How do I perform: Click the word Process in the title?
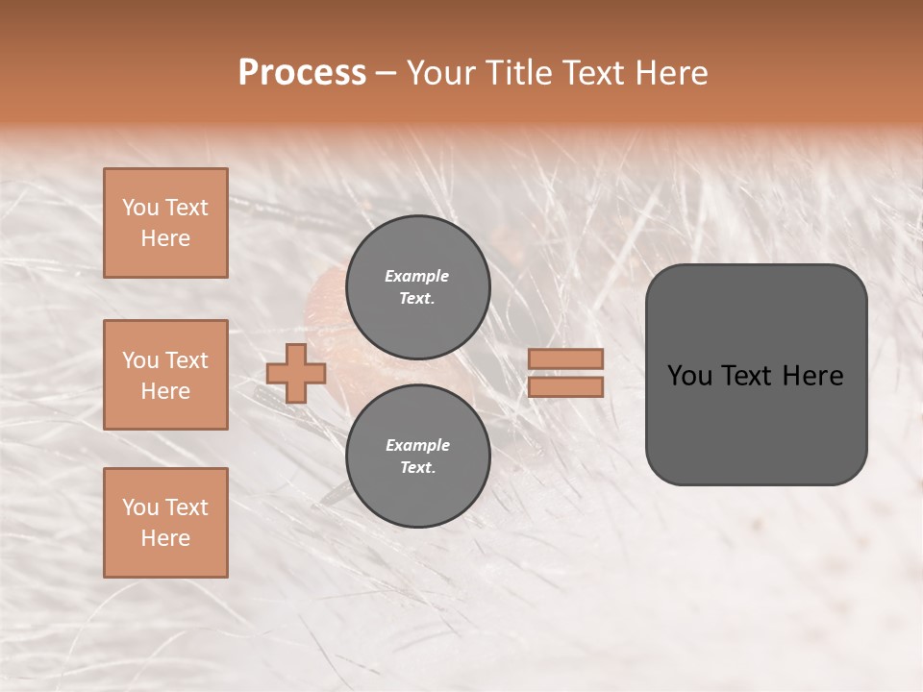tap(302, 73)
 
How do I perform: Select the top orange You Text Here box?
tap(165, 223)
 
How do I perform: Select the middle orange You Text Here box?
tap(165, 375)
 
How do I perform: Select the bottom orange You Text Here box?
tap(165, 523)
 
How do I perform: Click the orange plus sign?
tap(296, 373)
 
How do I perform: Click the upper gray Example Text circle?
tap(417, 287)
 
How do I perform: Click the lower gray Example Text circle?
tap(417, 456)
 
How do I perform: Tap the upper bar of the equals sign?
tap(566, 358)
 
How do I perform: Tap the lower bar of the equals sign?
tap(566, 386)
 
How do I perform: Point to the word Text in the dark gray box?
tap(751, 376)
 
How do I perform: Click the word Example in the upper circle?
tap(417, 276)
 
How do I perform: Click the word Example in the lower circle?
tap(417, 445)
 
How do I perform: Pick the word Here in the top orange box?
tap(165, 238)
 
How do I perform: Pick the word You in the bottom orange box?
tap(139, 507)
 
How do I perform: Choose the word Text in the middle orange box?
tap(186, 360)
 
